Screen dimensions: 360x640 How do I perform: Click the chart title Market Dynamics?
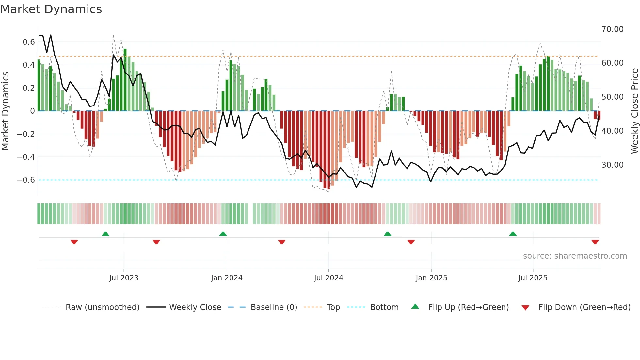51,9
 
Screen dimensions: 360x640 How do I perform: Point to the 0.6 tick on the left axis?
29,42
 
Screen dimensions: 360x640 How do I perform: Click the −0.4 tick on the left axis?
25,157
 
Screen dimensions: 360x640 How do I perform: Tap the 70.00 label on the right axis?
612,29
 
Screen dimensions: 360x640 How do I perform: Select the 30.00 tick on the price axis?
612,165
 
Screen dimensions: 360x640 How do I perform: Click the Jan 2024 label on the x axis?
227,278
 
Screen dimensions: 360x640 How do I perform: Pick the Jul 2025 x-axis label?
533,278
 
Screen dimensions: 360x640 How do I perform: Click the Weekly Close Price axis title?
634,111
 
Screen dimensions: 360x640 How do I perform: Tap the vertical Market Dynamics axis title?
5,111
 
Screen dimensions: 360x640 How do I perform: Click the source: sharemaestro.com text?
575,256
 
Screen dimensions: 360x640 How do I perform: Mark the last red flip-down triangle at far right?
595,242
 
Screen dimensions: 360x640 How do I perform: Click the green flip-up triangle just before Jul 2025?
513,234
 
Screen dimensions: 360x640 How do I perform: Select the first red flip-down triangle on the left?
74,242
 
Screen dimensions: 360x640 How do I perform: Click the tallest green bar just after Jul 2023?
125,80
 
